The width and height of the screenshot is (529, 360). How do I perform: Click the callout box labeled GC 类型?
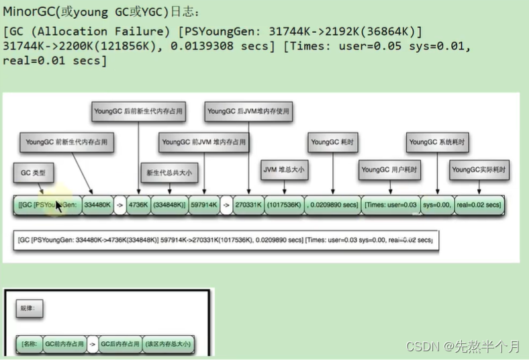(x=33, y=173)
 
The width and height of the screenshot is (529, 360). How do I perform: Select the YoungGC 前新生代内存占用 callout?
(x=66, y=142)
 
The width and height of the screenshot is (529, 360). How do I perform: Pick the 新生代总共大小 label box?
(x=169, y=173)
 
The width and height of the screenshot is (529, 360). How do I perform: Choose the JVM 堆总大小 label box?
(x=283, y=171)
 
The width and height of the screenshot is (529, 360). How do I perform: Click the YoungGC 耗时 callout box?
(x=332, y=142)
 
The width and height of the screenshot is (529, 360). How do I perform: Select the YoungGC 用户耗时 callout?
(x=389, y=171)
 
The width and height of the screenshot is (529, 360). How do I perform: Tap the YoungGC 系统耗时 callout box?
(x=437, y=142)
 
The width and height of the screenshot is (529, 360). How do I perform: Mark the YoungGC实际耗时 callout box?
(x=479, y=171)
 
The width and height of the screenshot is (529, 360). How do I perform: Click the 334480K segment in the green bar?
(x=98, y=204)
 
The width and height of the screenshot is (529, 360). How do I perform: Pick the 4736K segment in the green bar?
(x=138, y=204)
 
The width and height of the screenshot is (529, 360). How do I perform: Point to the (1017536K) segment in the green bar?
(x=283, y=204)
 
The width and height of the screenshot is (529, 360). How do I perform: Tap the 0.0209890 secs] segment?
(x=332, y=204)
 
